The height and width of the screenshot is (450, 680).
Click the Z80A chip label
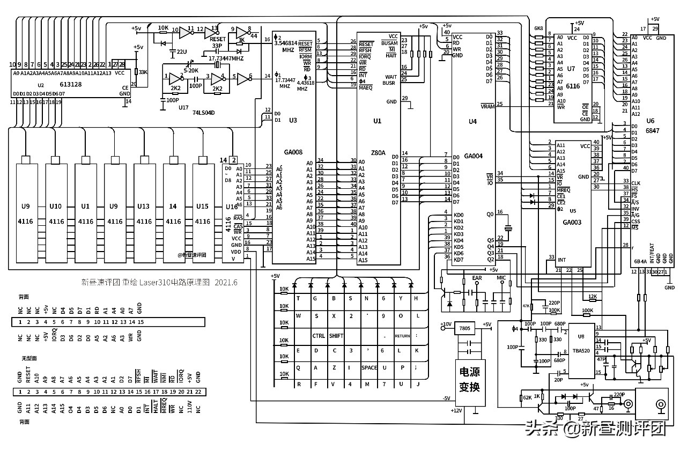click(378, 153)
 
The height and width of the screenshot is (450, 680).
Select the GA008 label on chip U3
click(292, 153)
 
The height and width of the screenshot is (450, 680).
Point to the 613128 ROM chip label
click(71, 85)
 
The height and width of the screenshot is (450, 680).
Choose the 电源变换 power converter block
click(464, 380)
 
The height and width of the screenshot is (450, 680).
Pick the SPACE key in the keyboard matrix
click(369, 368)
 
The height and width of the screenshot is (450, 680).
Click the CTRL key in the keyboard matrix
click(319, 336)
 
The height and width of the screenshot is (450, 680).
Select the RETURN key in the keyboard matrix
click(403, 336)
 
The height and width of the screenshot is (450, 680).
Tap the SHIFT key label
click(336, 336)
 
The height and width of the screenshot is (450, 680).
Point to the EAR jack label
click(477, 278)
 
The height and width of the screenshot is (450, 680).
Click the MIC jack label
click(501, 278)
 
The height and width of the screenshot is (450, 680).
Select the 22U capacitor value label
click(181, 51)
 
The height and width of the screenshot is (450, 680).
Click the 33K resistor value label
click(143, 72)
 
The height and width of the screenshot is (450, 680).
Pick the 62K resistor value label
click(527, 398)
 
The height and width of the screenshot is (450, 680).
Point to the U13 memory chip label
click(144, 206)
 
